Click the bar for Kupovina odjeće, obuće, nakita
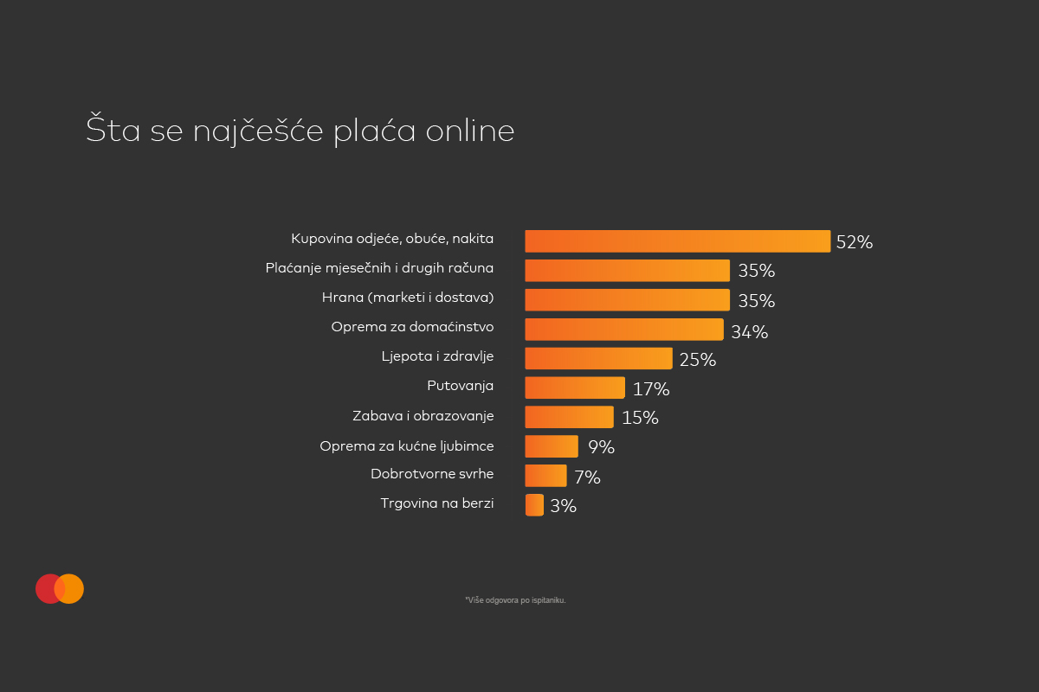pyautogui.click(x=677, y=241)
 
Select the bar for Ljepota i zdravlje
pyautogui.click(x=598, y=358)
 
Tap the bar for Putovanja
pyautogui.click(x=574, y=388)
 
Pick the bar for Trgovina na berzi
pyautogui.click(x=534, y=504)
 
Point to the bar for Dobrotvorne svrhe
pyautogui.click(x=545, y=476)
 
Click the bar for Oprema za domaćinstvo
pyautogui.click(x=623, y=330)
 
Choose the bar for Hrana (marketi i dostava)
pyautogui.click(x=627, y=300)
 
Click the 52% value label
pyautogui.click(x=854, y=243)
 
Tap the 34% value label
pyautogui.click(x=749, y=332)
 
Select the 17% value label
pyautogui.click(x=651, y=389)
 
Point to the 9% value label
pyautogui.click(x=600, y=447)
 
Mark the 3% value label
pyautogui.click(x=563, y=506)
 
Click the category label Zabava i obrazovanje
pyautogui.click(x=423, y=416)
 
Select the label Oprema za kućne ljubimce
pyautogui.click(x=406, y=446)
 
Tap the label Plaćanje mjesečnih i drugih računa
pyautogui.click(x=379, y=268)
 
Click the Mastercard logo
pyautogui.click(x=60, y=588)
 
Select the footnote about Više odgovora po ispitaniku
pyautogui.click(x=515, y=599)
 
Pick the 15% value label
pyautogui.click(x=640, y=418)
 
